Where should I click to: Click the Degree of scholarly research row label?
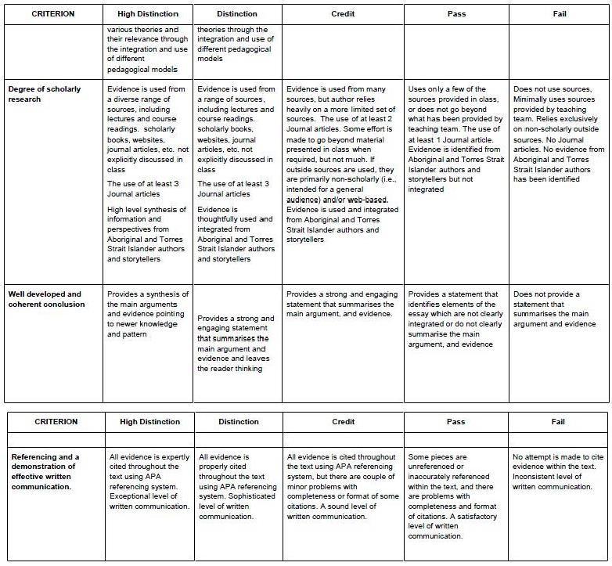tap(45, 95)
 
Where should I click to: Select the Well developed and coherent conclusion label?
tap(46, 299)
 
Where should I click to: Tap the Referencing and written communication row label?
tap(46, 471)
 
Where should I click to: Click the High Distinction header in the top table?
tap(147, 14)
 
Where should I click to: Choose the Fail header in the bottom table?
tap(558, 422)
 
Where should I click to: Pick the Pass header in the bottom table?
tap(455, 422)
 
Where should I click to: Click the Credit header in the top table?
tap(343, 14)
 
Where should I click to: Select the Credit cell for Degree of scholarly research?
tap(342, 164)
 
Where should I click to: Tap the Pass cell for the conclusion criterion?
tap(456, 319)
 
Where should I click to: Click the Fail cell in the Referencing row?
tap(558, 471)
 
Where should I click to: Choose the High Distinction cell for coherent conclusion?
tap(148, 314)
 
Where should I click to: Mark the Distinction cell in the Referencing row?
tap(237, 485)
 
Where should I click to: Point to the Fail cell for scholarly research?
tap(558, 134)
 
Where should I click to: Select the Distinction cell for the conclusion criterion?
tap(236, 344)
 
